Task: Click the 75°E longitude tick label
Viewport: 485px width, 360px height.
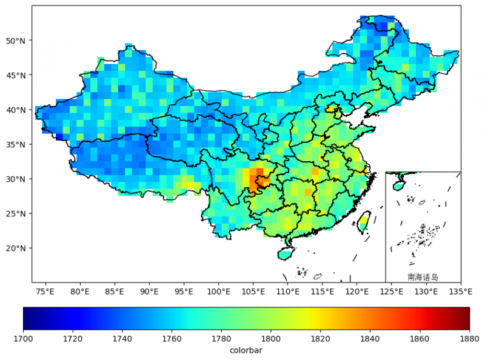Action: (x=45, y=292)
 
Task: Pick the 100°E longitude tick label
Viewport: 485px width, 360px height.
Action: (x=218, y=292)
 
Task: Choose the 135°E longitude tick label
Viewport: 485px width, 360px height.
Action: (x=461, y=292)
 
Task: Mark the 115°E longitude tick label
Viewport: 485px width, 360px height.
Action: (x=323, y=292)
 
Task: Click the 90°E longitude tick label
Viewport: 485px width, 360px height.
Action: (x=149, y=292)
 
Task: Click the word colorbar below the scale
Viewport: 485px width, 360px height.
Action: (x=246, y=350)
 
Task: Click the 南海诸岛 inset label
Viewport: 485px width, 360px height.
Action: (x=423, y=277)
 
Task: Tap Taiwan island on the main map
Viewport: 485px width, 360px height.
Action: (x=364, y=222)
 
